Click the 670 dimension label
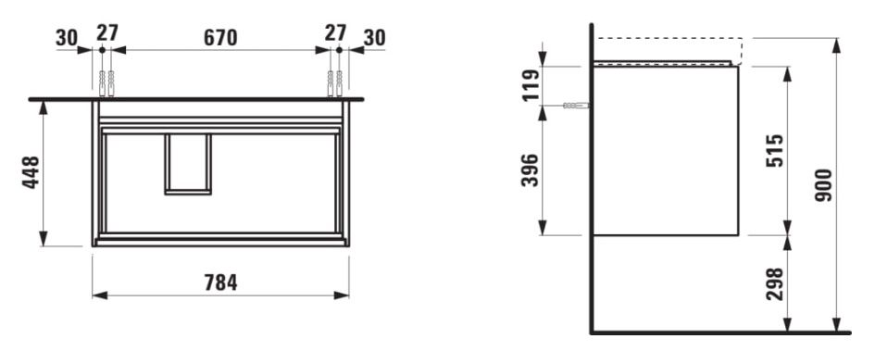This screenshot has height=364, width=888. pos(220,38)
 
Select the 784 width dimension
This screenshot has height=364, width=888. pos(220,282)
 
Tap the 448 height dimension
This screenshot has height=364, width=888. pos(31,172)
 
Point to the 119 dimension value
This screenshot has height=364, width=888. pos(532,85)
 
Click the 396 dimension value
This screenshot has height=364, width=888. pos(532,170)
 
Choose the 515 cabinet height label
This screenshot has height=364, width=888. pos(774,150)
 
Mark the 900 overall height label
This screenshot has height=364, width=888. pos(824,185)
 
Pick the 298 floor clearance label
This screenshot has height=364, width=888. pos(774,283)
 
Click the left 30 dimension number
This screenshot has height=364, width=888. pos(67,38)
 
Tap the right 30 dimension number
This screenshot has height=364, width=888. pos(374,38)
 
